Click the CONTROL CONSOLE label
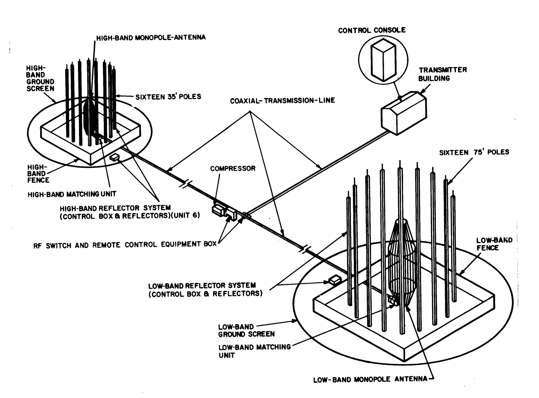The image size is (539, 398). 372,30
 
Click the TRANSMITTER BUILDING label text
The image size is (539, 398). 443,74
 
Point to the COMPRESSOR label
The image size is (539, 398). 233,168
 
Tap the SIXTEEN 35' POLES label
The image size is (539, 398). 168,97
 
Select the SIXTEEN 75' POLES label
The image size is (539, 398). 474,152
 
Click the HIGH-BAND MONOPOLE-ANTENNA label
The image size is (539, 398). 151,37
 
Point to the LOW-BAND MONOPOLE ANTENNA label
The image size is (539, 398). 370,379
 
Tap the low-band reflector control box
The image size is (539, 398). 335,280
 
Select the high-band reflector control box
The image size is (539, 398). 114,157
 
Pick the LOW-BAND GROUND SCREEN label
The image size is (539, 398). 246,331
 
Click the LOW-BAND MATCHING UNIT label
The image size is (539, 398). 254,351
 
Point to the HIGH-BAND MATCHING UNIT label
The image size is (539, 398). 72,194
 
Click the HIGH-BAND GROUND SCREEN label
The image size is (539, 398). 40,78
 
